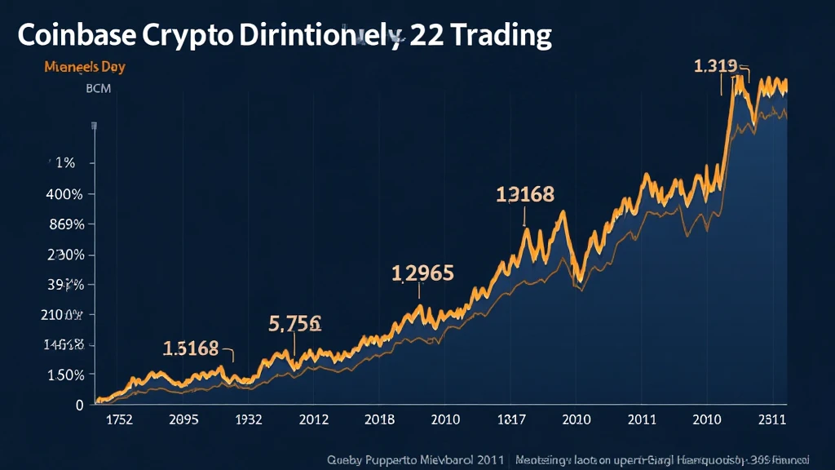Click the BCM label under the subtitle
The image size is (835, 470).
click(98, 87)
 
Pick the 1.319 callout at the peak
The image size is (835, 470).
click(715, 66)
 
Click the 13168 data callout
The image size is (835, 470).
click(525, 194)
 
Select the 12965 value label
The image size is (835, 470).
click(422, 273)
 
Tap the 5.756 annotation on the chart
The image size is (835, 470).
click(294, 322)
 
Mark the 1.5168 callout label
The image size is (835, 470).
click(191, 348)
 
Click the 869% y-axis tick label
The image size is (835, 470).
click(68, 224)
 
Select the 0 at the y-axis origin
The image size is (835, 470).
click(79, 405)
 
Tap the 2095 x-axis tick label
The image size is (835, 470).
click(183, 420)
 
